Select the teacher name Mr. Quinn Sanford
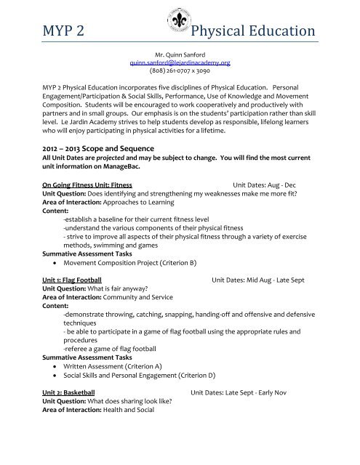pos(180,54)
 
